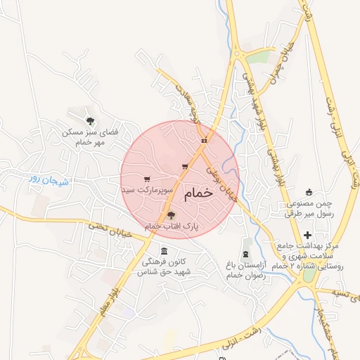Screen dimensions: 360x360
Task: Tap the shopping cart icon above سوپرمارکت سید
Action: [x=146, y=179]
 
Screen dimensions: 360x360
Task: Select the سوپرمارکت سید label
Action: [x=146, y=190]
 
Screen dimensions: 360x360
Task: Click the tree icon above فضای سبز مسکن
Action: [x=89, y=121]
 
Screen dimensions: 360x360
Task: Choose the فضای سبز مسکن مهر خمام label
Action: [x=89, y=137]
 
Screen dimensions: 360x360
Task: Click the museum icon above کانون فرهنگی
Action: [x=164, y=252]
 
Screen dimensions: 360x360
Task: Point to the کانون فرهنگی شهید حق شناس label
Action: [x=165, y=266]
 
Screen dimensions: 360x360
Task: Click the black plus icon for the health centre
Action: [x=307, y=236]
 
